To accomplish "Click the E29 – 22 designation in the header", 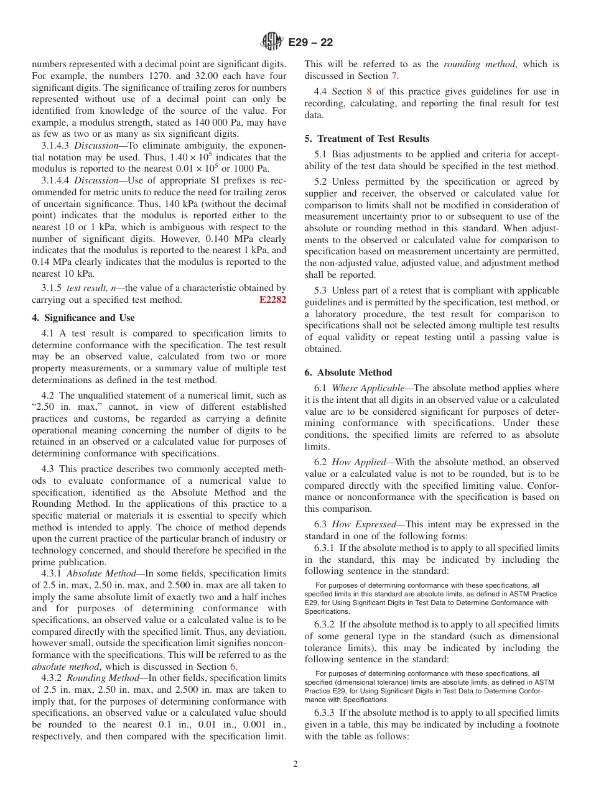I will (310, 42).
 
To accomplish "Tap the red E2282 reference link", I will (272, 300).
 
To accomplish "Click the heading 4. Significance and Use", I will (83, 317).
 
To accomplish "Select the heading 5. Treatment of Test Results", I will (367, 138).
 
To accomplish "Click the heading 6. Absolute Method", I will (348, 372).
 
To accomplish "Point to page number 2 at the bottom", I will (295, 764).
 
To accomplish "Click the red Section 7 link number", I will (393, 76).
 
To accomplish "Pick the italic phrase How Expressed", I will (358, 524).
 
